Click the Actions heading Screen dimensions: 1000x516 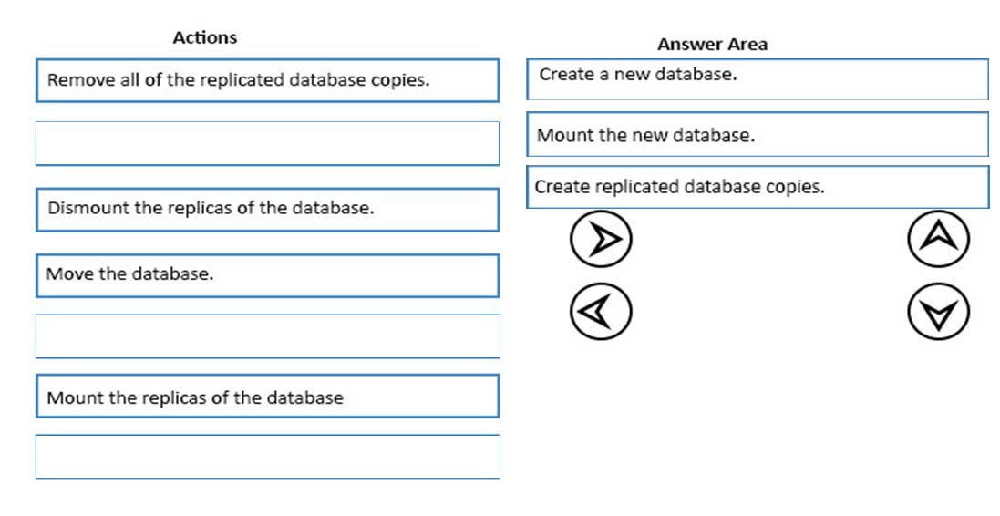tap(205, 37)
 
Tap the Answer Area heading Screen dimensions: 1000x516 tap(712, 44)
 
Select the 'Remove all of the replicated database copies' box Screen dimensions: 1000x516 tap(267, 80)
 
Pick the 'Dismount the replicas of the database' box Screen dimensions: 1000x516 tap(267, 209)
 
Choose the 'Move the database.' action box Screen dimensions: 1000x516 tap(267, 275)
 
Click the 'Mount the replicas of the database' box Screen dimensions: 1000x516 tap(267, 396)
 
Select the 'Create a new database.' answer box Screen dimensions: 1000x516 tap(758, 79)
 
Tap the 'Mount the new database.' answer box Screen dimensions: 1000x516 tap(758, 134)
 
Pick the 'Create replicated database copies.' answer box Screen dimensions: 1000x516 tap(758, 187)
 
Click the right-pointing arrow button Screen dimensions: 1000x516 tap(601, 239)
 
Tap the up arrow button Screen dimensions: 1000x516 tap(938, 239)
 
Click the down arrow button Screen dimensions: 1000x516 tap(938, 312)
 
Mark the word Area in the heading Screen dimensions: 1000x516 tap(748, 44)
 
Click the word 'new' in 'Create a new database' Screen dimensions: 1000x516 tap(632, 75)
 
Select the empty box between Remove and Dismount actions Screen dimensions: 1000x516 tap(267, 143)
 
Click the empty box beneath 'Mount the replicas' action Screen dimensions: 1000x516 tap(267, 457)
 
